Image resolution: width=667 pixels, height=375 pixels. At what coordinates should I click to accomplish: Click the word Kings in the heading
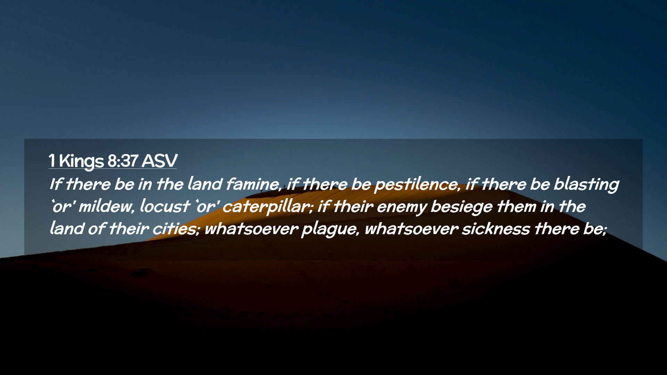point(81,161)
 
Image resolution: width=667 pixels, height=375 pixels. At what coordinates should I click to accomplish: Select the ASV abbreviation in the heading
point(159,161)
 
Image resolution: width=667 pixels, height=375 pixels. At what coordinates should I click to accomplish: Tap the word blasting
point(586,184)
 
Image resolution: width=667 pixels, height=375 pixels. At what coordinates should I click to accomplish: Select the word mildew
point(106,207)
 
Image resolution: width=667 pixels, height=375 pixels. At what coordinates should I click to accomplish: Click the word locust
point(165,206)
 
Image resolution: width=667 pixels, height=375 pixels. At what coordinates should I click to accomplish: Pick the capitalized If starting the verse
point(56,184)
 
